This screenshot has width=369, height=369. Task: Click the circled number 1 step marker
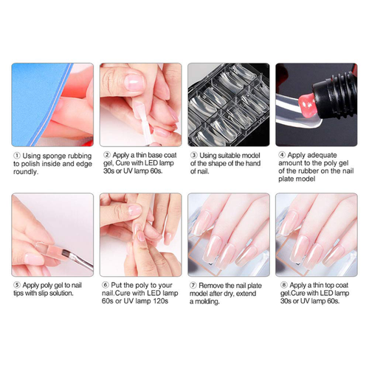[x=17, y=156]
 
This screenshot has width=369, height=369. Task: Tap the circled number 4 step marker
[x=282, y=155]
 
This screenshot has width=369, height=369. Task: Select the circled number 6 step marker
[x=106, y=285]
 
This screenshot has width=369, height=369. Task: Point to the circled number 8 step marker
[x=284, y=285]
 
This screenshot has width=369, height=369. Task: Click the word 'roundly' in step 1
[x=26, y=172]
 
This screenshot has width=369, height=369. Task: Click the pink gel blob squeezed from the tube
[x=307, y=105]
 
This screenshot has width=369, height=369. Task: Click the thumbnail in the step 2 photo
[x=134, y=83]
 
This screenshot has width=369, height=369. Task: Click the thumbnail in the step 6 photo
[x=135, y=211]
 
